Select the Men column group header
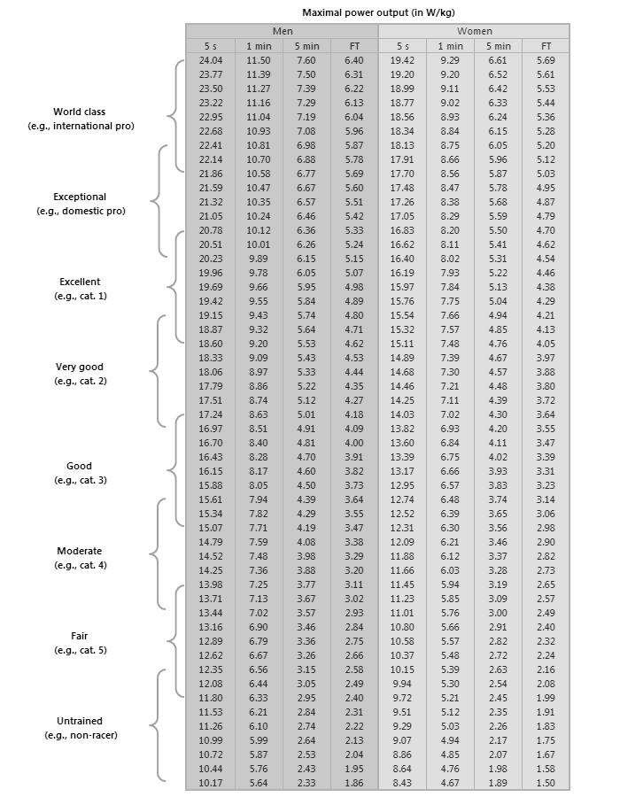click(x=283, y=31)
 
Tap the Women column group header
click(x=474, y=31)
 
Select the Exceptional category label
click(x=80, y=197)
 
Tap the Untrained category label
click(x=80, y=722)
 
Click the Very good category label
click(x=80, y=367)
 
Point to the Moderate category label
click(x=80, y=551)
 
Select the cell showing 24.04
click(x=211, y=60)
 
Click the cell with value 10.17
click(x=211, y=783)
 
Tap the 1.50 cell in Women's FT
click(x=546, y=783)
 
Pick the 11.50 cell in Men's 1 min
click(x=258, y=60)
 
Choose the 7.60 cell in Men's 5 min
click(x=306, y=60)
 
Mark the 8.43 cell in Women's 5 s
click(x=402, y=783)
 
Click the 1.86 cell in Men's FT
click(x=353, y=783)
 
